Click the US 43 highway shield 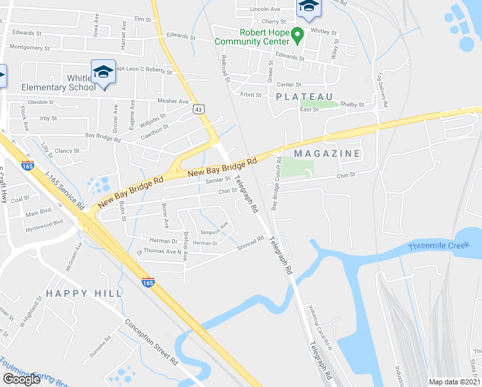198,110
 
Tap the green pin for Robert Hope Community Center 296,35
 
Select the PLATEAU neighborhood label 306,97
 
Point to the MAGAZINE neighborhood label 327,154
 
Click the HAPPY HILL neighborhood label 84,293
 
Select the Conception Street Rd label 151,342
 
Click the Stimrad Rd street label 251,241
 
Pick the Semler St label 218,180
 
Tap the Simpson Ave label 215,228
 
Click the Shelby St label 352,104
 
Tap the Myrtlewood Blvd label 44,223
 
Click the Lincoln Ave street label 265,9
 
